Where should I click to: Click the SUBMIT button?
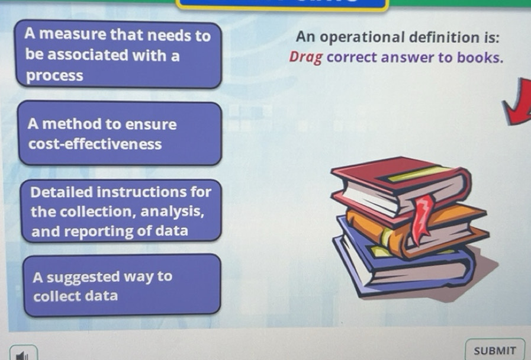(x=495, y=350)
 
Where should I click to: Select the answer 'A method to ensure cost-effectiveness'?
(x=120, y=134)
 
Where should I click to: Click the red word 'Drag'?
(x=305, y=58)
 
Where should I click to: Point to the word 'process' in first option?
(x=54, y=76)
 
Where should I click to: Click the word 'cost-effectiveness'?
(x=95, y=144)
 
